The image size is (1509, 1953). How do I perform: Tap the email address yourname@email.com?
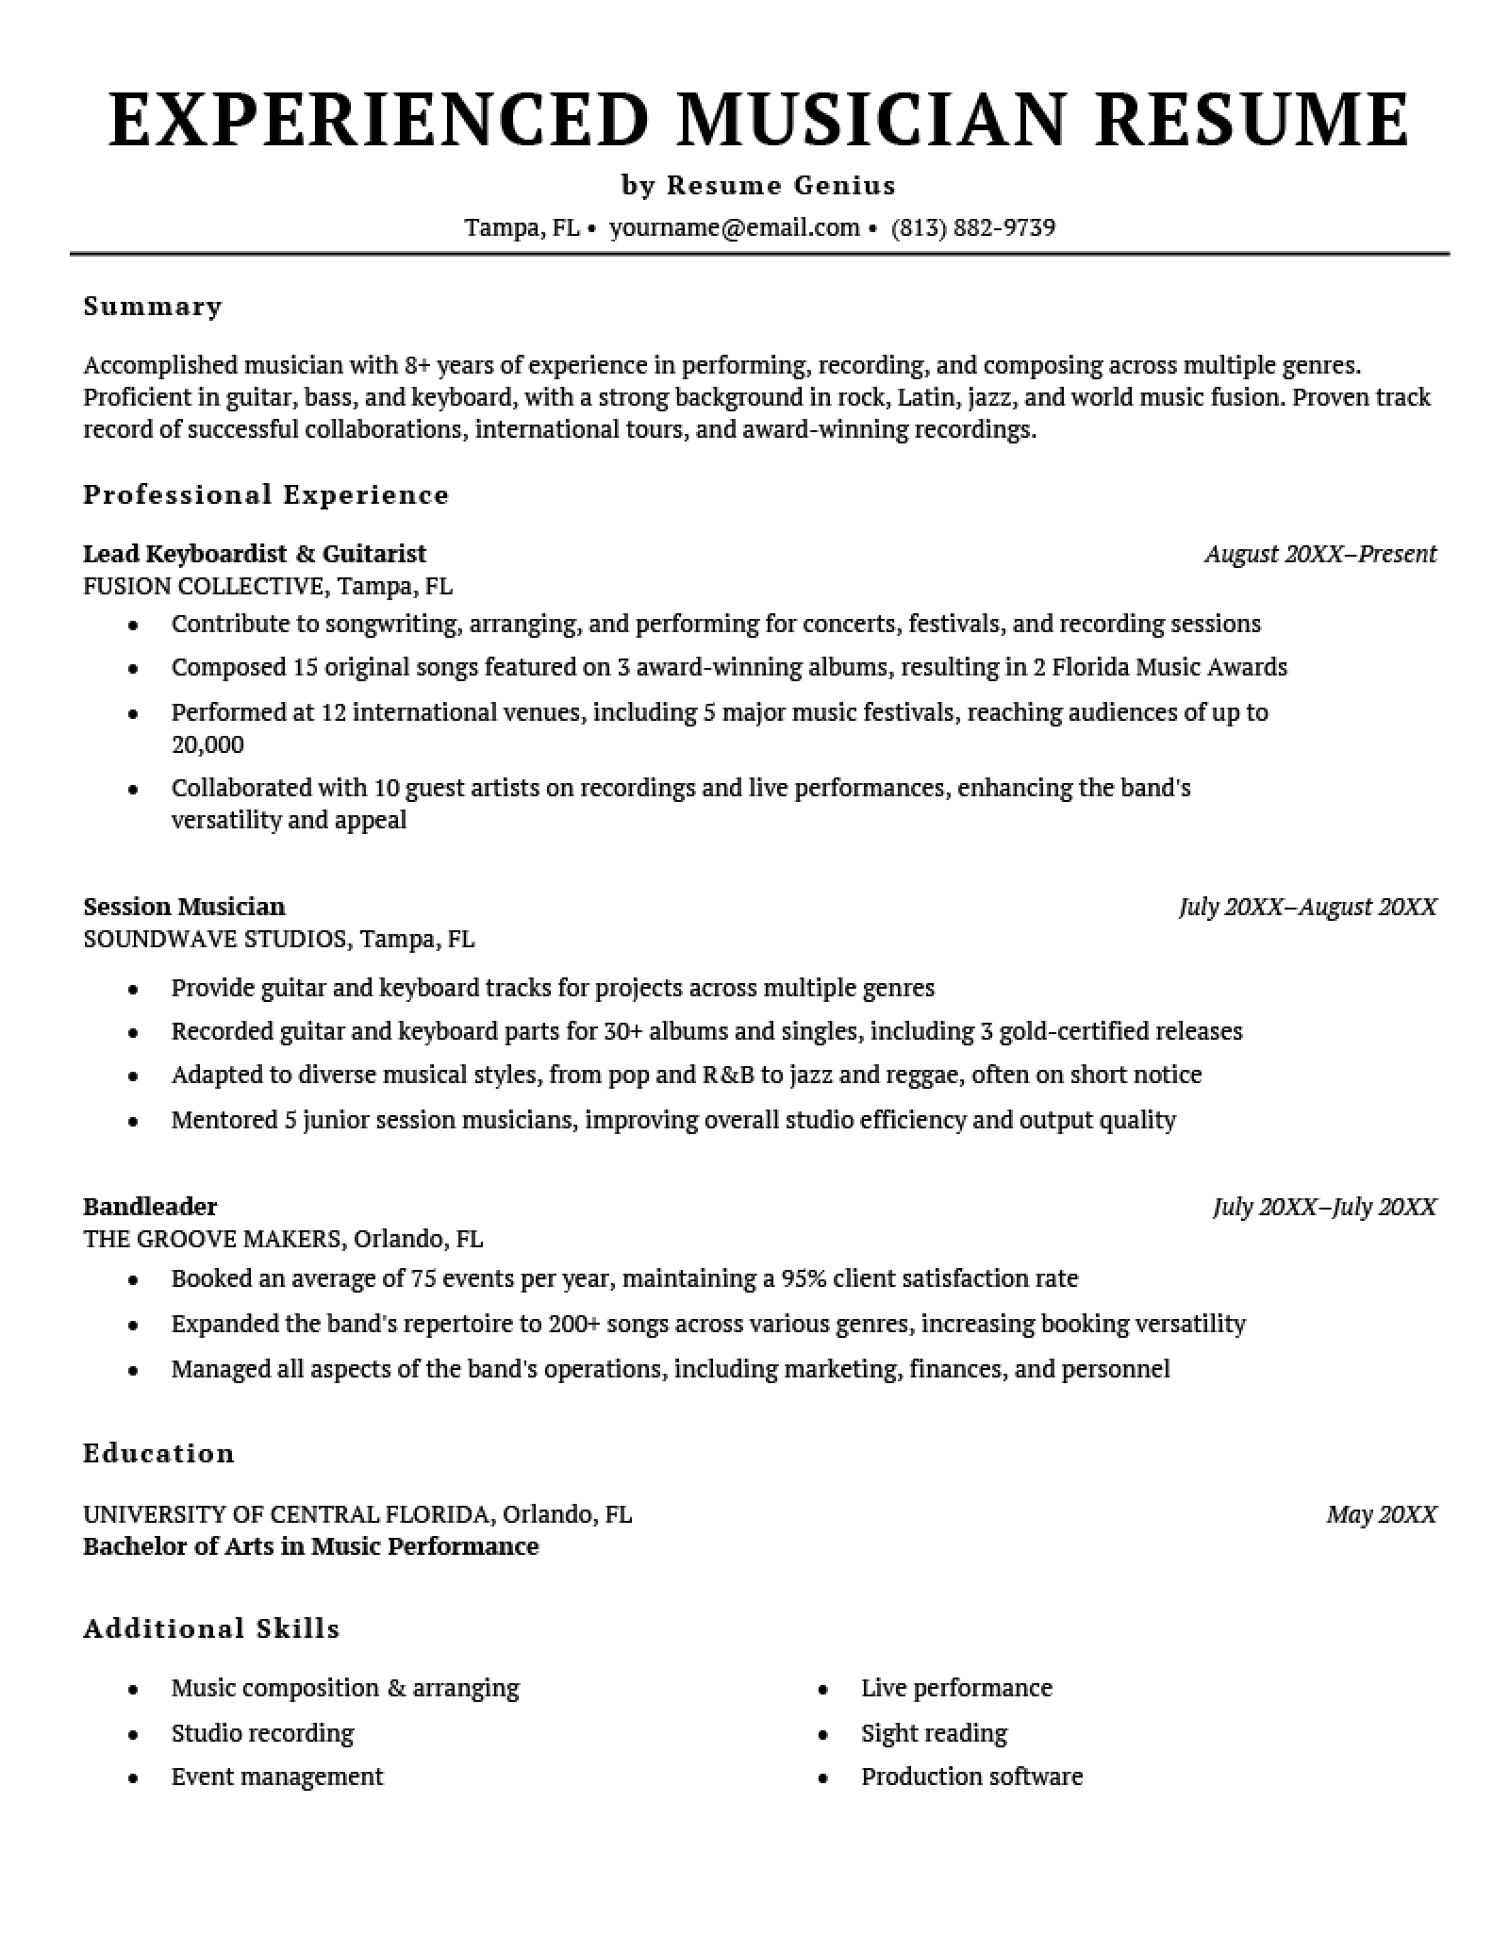coord(734,227)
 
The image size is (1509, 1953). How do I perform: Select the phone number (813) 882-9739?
coord(972,227)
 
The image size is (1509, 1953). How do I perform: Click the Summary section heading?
coord(153,306)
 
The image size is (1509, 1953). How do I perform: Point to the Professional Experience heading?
coord(266,494)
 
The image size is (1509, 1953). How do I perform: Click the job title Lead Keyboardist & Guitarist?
coord(255,553)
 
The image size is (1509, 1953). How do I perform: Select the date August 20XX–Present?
coord(1320,554)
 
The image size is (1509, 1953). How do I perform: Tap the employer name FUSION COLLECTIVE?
coord(203,586)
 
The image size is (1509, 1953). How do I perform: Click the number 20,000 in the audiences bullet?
coord(207,744)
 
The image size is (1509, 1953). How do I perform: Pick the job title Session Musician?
coord(184,906)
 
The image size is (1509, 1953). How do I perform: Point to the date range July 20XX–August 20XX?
coord(1307,907)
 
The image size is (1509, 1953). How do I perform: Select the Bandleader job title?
coord(150,1206)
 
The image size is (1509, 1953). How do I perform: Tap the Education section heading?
coord(158,1452)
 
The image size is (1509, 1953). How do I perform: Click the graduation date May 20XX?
coord(1381,1514)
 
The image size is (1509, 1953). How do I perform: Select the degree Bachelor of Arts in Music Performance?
coord(311,1545)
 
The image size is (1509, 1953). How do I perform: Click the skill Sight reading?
coord(934,1732)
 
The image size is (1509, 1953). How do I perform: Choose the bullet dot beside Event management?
coord(134,1778)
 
